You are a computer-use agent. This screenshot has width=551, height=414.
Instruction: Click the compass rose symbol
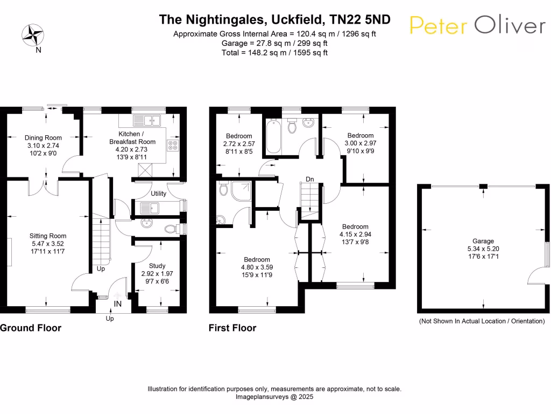pyautogui.click(x=33, y=35)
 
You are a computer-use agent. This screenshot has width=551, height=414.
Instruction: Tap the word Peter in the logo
pyautogui.click(x=439, y=26)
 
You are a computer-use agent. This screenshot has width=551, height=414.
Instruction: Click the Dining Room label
pyautogui.click(x=43, y=137)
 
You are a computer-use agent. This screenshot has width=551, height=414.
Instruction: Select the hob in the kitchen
pyautogui.click(x=173, y=146)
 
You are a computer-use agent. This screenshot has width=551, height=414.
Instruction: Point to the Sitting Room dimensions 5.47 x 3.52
pyautogui.click(x=48, y=244)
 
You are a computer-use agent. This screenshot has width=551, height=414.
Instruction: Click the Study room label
pyautogui.click(x=157, y=266)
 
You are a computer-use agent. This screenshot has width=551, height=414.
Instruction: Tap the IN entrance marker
pyautogui.click(x=117, y=304)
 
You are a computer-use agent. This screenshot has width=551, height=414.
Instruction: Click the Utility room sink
pyautogui.click(x=150, y=208)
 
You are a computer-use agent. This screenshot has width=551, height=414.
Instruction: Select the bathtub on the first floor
pyautogui.click(x=273, y=136)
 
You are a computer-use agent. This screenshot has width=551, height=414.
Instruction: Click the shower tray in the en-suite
pyautogui.click(x=242, y=191)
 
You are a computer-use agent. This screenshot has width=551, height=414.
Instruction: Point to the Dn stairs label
pyautogui.click(x=309, y=179)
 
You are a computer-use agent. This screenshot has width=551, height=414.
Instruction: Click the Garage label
pyautogui.click(x=483, y=241)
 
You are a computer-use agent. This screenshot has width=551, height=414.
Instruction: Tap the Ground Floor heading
pyautogui.click(x=31, y=328)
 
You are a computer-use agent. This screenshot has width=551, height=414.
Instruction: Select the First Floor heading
pyautogui.click(x=232, y=328)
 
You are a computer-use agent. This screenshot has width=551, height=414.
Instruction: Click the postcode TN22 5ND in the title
pyautogui.click(x=360, y=19)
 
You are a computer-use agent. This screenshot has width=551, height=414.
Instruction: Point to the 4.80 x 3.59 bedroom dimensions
pyautogui.click(x=257, y=267)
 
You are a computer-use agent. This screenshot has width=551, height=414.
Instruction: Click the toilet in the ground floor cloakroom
pyautogui.click(x=171, y=229)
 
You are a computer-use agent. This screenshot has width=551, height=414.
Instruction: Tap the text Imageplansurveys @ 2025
pyautogui.click(x=274, y=397)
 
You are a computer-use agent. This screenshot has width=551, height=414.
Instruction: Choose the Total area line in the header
pyautogui.click(x=274, y=52)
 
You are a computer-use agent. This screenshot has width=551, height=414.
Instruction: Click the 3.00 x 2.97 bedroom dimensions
pyautogui.click(x=360, y=143)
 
